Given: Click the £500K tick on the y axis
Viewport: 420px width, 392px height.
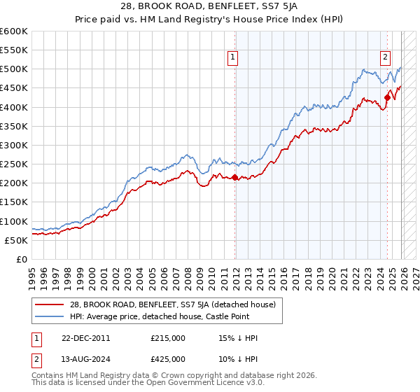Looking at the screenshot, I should (14, 69).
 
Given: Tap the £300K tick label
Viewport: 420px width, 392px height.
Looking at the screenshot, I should (14, 145).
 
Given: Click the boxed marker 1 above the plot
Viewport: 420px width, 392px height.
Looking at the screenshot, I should (232, 58).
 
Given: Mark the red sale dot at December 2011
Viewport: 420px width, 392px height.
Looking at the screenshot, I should (234, 177).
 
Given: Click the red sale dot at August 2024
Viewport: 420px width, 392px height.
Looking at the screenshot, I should (386, 98).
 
